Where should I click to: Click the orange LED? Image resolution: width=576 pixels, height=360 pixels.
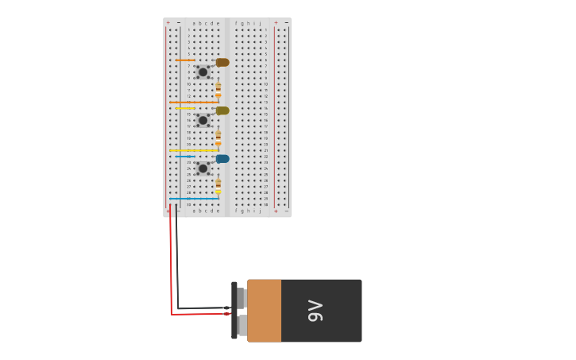tap(222, 62)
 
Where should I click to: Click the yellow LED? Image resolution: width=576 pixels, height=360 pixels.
tap(222, 110)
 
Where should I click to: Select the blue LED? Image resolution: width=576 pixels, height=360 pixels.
tap(222, 158)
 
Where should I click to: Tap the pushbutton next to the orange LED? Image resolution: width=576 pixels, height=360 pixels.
tap(203, 72)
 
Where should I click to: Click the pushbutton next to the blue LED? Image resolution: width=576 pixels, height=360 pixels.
tap(203, 168)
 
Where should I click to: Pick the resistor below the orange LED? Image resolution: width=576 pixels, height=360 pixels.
tap(218, 89)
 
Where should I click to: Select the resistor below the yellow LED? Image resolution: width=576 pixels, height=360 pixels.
tap(218, 137)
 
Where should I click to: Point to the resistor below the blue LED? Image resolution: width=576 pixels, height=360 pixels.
tap(218, 185)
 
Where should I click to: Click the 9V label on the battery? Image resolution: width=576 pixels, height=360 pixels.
tap(315, 311)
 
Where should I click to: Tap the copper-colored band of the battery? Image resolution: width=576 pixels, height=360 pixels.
tap(265, 311)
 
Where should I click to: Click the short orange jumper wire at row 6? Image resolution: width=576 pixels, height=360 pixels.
tap(185, 60)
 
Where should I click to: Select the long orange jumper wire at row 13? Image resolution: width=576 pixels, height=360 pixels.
tap(193, 102)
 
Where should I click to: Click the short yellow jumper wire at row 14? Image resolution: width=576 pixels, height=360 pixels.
tap(185, 108)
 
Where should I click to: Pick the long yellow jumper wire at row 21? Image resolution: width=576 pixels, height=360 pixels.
tap(193, 150)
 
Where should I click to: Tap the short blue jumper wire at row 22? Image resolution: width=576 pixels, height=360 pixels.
tap(185, 156)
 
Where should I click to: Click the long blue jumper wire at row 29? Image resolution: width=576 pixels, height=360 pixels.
tap(193, 199)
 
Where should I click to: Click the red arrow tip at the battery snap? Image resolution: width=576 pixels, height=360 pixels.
tap(227, 314)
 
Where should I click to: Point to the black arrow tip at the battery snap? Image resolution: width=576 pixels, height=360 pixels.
tap(227, 308)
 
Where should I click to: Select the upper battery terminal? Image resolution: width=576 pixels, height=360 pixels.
tap(241, 298)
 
